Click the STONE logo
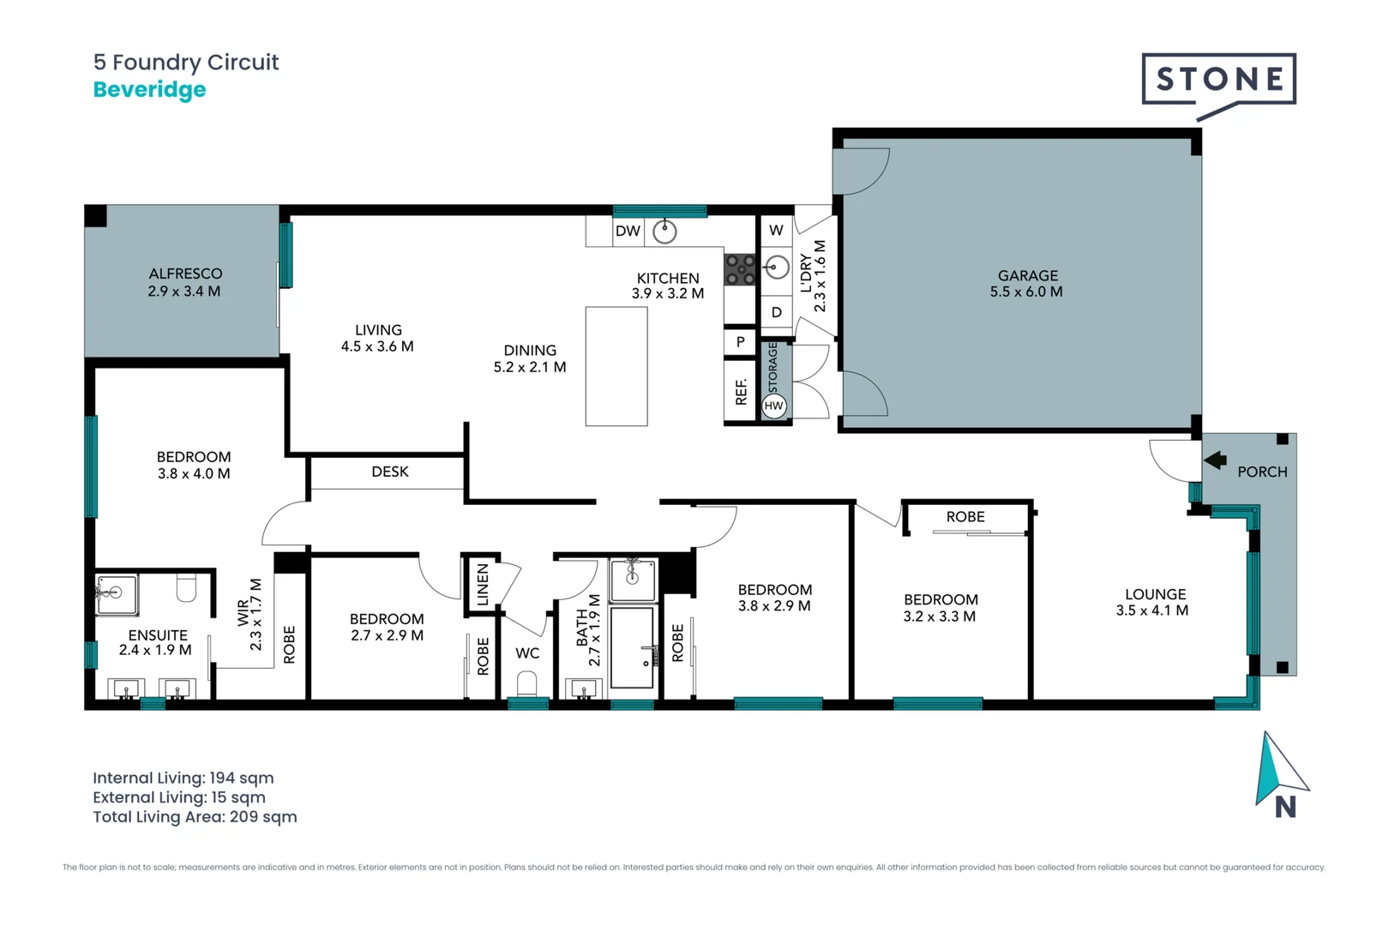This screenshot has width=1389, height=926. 1218,80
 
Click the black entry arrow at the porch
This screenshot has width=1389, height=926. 1215,460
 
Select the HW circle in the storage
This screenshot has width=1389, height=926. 773,406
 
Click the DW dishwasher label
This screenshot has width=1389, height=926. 628,231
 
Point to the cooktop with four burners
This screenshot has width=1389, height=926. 740,269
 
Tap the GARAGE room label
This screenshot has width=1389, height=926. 1027,275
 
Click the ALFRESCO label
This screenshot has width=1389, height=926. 185,274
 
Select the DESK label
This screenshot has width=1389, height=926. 390,472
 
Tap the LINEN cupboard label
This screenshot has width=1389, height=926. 483,585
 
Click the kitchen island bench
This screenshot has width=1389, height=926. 616,366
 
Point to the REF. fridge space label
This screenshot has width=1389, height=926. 741,391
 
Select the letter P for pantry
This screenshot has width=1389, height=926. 740,341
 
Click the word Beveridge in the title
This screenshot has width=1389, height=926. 149,89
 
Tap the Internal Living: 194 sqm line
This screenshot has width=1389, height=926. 183,778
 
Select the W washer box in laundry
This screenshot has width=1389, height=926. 776,230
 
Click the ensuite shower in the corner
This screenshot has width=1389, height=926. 116,594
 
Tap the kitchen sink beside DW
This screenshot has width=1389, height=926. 664,231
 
